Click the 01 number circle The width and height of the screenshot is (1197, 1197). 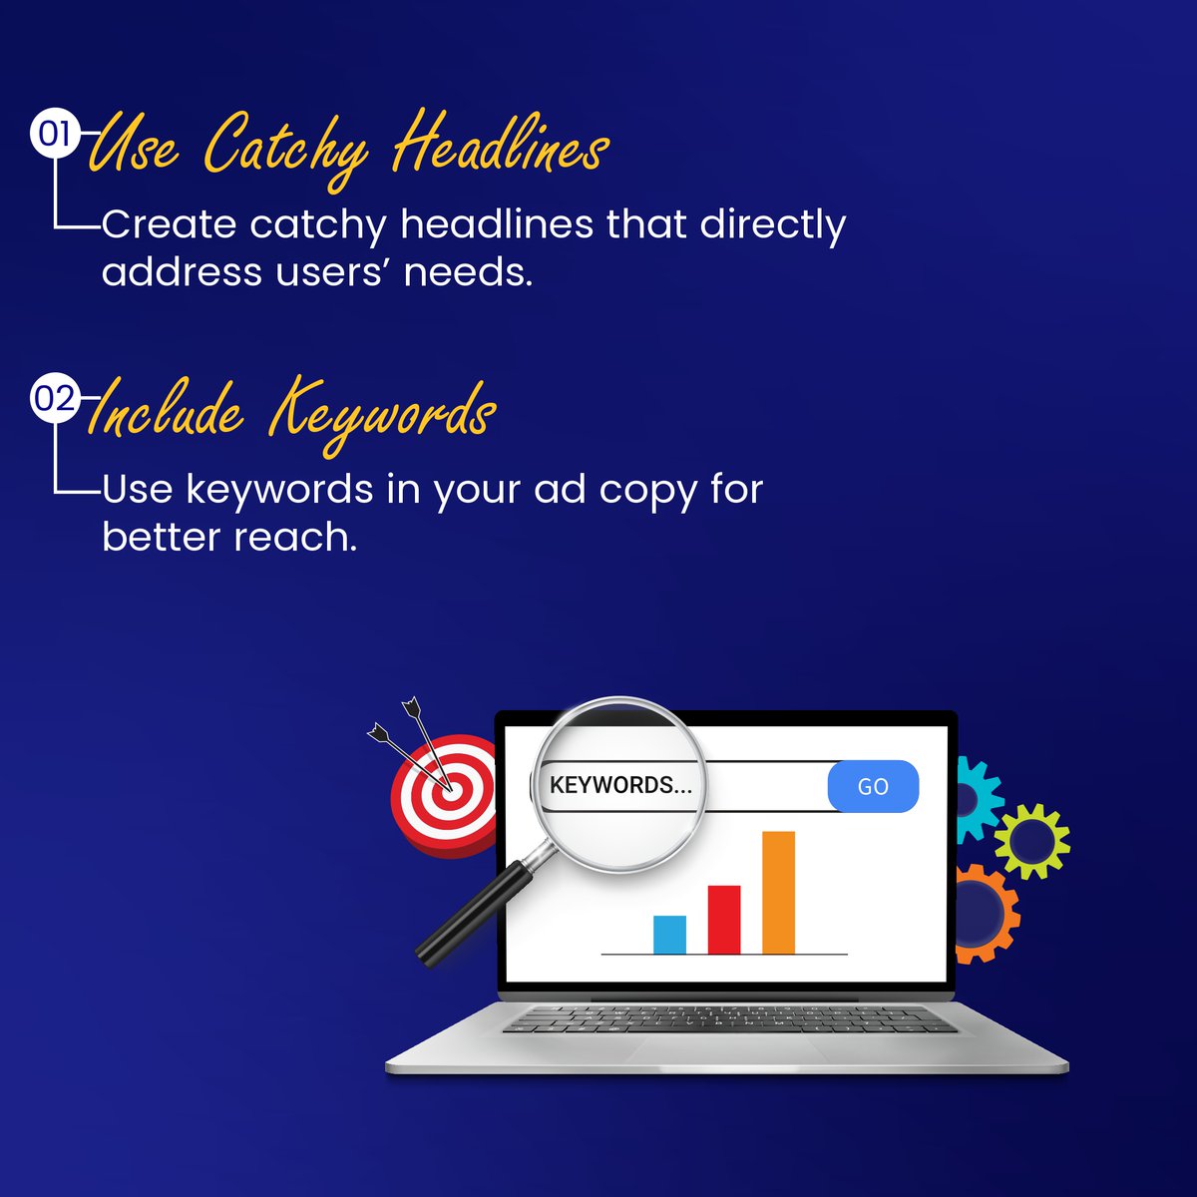(x=54, y=133)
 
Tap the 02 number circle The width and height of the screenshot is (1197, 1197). (x=54, y=398)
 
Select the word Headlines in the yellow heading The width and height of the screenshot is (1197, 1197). (x=500, y=148)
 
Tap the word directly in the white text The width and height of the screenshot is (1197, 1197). (x=772, y=225)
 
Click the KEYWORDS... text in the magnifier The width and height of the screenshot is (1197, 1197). (x=620, y=785)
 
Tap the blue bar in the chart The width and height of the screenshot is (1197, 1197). (x=669, y=935)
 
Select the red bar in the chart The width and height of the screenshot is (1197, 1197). (x=724, y=919)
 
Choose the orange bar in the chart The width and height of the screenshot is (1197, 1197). (x=778, y=892)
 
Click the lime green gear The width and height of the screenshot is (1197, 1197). (x=1031, y=840)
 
